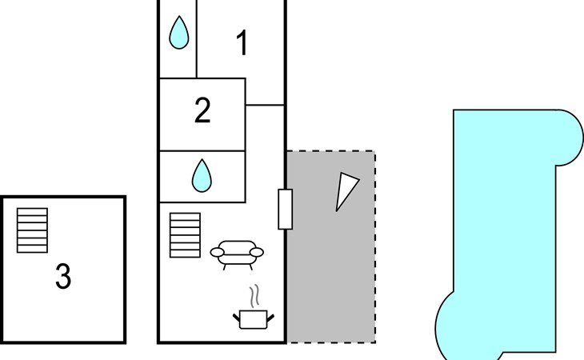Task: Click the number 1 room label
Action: click(242, 43)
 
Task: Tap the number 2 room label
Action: click(202, 110)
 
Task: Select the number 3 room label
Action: click(63, 276)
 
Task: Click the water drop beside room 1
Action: click(178, 32)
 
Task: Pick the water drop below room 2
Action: click(202, 176)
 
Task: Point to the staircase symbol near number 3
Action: click(33, 230)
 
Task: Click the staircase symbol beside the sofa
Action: click(185, 235)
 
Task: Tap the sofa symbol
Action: click(237, 254)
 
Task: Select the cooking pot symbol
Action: click(254, 319)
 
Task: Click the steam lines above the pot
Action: click(254, 296)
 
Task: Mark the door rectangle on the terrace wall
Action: click(286, 210)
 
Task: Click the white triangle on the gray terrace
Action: click(346, 191)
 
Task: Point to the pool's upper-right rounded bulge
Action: click(570, 138)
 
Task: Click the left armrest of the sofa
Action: click(217, 253)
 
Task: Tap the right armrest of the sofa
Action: click(257, 253)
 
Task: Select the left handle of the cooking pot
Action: click(237, 318)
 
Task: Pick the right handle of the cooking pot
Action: click(270, 318)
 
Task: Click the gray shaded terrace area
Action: click(330, 261)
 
